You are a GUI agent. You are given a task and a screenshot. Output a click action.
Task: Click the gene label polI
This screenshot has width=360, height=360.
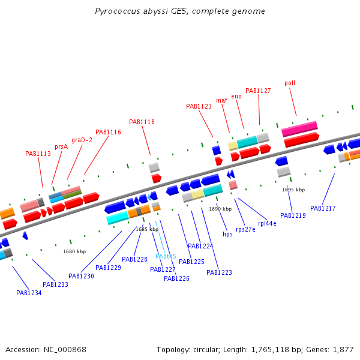pyautogui.click(x=290, y=83)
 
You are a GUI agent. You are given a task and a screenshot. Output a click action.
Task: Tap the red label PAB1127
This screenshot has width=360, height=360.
pyautogui.click(x=258, y=91)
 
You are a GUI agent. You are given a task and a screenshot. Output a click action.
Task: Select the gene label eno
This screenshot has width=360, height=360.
pyautogui.click(x=236, y=97)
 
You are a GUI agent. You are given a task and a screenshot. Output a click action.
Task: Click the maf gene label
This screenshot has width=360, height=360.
pyautogui.click(x=221, y=100)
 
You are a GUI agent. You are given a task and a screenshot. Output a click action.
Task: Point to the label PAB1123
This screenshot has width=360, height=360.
pyautogui.click(x=199, y=107)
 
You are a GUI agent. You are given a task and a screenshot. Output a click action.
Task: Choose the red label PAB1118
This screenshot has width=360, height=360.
pyautogui.click(x=142, y=122)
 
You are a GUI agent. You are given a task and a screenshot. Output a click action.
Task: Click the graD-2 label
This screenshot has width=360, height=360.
pyautogui.click(x=82, y=140)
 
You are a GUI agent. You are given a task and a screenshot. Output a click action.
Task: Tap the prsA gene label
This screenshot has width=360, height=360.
pyautogui.click(x=61, y=147)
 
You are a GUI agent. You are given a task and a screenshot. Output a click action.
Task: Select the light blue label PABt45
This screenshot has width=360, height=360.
pyautogui.click(x=166, y=256)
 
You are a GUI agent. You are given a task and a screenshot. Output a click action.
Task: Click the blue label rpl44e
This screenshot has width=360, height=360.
pyautogui.click(x=267, y=224)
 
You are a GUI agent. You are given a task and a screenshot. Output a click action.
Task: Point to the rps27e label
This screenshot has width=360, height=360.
pyautogui.click(x=245, y=230)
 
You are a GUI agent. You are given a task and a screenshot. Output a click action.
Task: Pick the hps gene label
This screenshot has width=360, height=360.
pyautogui.click(x=227, y=234)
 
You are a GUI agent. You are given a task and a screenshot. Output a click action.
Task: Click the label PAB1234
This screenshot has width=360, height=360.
pyautogui.click(x=29, y=293)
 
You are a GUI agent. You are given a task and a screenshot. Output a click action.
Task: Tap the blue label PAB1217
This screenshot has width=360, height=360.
pyautogui.click(x=323, y=208)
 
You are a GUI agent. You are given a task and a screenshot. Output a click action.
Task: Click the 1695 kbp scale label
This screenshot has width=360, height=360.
pyautogui.click(x=293, y=190)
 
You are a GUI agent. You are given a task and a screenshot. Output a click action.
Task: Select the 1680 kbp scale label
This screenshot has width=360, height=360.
pyautogui.click(x=74, y=251)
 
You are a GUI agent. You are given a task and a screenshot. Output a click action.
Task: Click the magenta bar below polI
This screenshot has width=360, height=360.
pyautogui.click(x=299, y=128)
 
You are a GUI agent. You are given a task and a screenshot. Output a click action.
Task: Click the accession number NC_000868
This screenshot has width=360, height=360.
pyautogui.click(x=65, y=350)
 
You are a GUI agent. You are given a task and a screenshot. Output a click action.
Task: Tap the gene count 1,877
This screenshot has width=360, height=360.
pyautogui.click(x=343, y=350)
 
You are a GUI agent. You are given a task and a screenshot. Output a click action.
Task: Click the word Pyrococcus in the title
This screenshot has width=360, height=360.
pyautogui.click(x=118, y=11)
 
